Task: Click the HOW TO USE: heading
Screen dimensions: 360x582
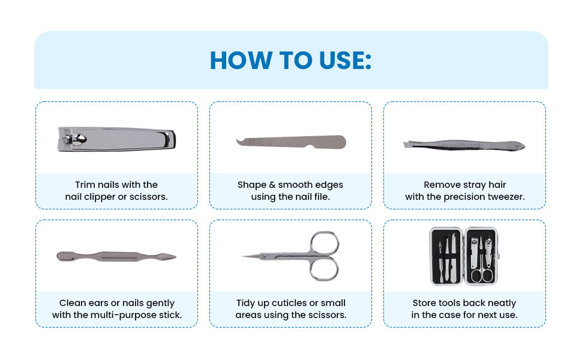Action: pos(290,61)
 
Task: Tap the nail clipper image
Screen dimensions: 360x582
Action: pos(117,139)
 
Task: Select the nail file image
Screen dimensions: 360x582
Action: pos(290,142)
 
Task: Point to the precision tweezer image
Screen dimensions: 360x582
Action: pos(464,145)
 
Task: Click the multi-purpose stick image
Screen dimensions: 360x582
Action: pos(116,257)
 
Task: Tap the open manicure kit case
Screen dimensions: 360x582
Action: pos(464,256)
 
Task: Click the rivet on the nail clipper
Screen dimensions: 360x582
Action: pos(77,139)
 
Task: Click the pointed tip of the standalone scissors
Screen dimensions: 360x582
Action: pos(245,257)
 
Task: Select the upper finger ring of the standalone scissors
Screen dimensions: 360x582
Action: pos(325,242)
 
